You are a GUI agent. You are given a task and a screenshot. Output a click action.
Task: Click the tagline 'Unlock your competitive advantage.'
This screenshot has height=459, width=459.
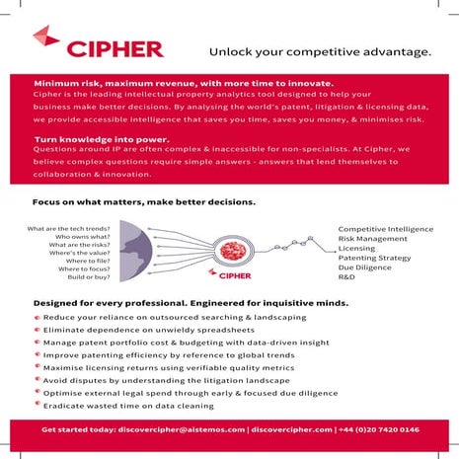click(x=320, y=51)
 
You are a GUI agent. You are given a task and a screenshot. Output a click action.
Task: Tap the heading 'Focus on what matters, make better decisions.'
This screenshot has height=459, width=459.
click(x=144, y=201)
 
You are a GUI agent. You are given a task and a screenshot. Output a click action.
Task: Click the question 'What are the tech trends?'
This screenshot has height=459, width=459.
click(x=68, y=228)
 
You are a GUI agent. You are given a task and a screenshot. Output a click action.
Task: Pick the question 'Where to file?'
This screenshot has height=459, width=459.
click(x=84, y=259)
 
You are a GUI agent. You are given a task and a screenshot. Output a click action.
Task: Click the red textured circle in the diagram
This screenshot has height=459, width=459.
click(x=228, y=249)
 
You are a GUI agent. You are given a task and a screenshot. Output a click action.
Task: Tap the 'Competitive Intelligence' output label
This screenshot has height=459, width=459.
click(x=386, y=228)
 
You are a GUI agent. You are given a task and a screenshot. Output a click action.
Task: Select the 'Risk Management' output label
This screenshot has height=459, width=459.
click(x=372, y=238)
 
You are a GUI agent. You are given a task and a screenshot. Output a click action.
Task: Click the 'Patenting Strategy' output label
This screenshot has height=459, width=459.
click(x=374, y=258)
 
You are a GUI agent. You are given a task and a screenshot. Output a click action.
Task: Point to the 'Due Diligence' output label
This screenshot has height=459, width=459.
click(x=365, y=268)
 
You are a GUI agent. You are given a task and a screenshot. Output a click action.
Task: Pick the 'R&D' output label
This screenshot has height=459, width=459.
click(x=348, y=277)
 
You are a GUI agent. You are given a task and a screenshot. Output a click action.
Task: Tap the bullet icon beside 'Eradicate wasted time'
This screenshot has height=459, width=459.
click(x=37, y=405)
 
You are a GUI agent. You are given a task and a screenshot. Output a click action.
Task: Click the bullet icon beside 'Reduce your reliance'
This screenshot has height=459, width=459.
click(x=37, y=317)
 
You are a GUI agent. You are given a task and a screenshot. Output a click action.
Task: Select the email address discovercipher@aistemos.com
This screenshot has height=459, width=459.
click(x=180, y=430)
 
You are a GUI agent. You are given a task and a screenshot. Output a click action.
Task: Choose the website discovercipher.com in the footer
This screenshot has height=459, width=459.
click(x=290, y=430)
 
